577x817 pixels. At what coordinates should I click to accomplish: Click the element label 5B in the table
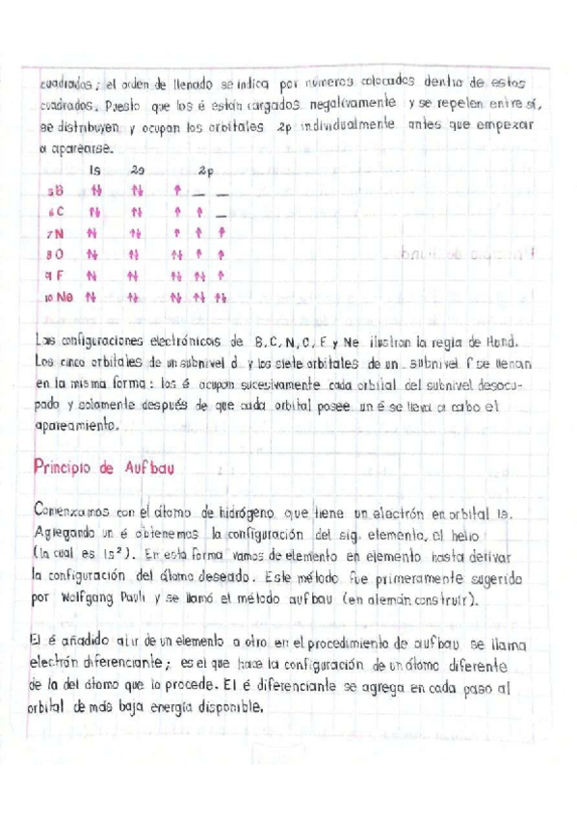(56, 191)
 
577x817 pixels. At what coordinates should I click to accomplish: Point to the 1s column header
(94, 170)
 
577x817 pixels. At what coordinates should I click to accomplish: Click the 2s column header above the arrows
(137, 170)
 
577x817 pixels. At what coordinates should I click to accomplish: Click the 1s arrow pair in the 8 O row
(93, 254)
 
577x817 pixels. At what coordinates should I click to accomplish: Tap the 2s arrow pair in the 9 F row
(136, 276)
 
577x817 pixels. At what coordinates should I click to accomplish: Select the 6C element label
(56, 212)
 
